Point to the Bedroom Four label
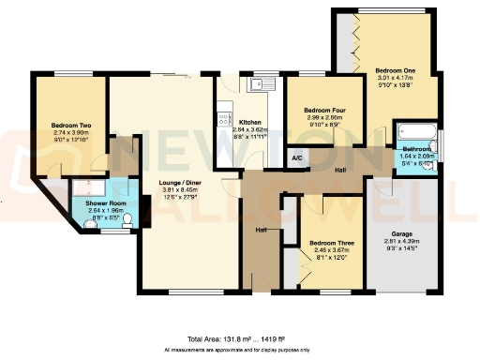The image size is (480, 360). [324, 111]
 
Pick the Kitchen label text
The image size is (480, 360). [249, 123]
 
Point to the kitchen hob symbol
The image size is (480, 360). [224, 119]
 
